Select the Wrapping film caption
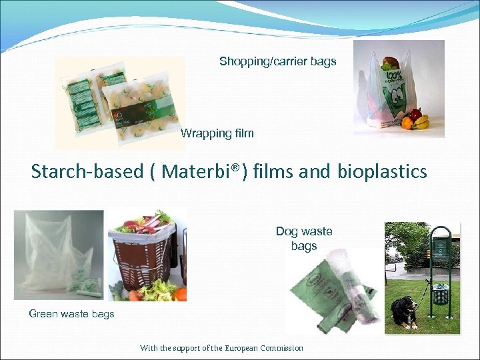point(217,133)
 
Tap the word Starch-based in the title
point(87,171)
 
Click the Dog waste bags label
point(304,239)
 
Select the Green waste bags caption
point(71,313)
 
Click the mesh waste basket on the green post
point(439,293)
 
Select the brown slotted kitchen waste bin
point(141,264)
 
